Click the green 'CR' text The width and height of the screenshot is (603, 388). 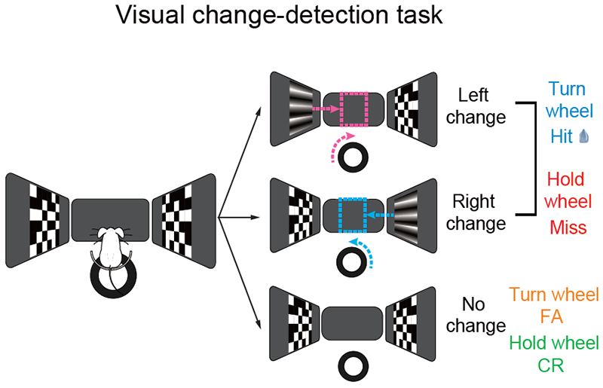click(553, 365)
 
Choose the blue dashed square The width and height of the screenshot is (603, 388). click(352, 215)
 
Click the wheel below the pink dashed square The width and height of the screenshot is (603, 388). click(352, 159)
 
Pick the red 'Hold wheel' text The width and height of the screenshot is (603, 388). click(568, 191)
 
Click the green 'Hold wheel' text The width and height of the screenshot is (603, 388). click(554, 343)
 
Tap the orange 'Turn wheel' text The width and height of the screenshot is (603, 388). click(554, 294)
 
